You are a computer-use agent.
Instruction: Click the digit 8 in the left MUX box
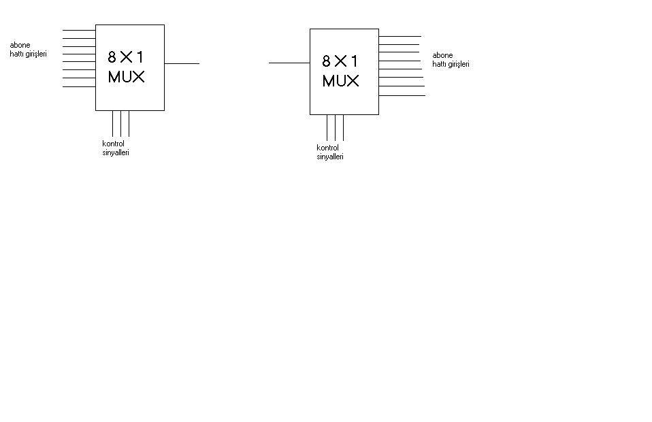112,57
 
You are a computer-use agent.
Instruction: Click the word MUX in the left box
126,77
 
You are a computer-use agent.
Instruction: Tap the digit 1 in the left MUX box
140,57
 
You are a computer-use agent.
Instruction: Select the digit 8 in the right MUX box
326,61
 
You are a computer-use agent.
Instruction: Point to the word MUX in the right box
340,81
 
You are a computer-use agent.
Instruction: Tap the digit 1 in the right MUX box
354,61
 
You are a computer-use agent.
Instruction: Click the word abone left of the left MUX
20,45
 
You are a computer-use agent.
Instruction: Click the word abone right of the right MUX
442,55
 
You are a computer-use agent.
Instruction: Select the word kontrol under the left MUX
113,144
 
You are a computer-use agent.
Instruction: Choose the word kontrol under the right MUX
327,148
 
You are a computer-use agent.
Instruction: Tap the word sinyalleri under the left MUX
116,152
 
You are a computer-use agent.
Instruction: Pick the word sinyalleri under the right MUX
330,157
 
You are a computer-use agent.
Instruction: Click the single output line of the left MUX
182,63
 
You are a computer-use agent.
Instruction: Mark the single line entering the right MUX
289,63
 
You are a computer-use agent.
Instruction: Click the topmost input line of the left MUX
79,31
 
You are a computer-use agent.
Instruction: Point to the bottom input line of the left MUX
79,87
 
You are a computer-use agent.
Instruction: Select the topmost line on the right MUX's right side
400,37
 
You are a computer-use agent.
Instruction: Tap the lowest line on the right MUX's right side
402,95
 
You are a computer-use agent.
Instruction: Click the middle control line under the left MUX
120,123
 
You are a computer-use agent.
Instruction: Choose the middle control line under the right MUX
335,128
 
